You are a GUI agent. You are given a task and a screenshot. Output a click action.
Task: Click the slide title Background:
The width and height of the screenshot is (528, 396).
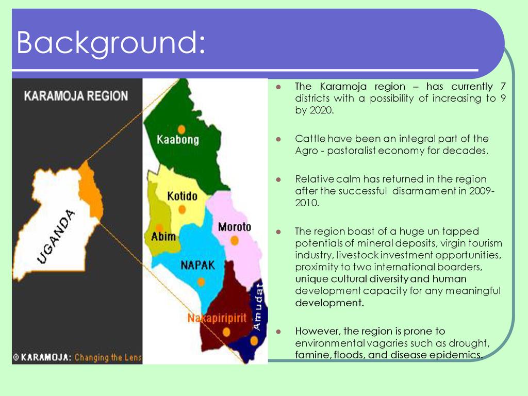[x=111, y=43]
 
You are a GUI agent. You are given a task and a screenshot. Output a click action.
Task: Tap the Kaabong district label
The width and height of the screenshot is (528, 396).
[x=178, y=139]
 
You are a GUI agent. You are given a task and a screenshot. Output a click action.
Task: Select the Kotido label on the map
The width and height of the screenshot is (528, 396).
[x=182, y=196]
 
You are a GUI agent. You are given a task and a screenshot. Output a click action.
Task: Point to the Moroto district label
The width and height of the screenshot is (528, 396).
[x=235, y=227]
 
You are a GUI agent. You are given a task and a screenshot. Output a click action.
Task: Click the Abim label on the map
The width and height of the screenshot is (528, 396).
[x=163, y=236]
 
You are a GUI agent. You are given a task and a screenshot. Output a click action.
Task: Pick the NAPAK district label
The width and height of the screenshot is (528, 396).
[x=197, y=266]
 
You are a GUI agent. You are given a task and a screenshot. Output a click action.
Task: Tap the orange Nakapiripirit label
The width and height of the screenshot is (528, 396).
[x=217, y=318]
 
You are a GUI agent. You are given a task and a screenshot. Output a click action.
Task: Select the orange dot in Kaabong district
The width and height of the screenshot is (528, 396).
[x=181, y=129]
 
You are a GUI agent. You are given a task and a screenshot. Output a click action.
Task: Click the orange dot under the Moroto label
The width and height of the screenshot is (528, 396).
[x=235, y=240]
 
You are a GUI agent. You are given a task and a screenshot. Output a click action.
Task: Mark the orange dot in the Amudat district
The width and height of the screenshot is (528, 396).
[x=254, y=341]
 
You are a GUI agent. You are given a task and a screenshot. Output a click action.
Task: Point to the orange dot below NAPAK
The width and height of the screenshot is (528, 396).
[x=201, y=282]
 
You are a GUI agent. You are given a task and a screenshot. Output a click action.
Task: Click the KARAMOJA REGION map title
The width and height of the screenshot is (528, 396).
[x=76, y=96]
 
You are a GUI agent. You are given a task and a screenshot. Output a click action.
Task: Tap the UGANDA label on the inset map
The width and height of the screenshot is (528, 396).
[x=56, y=236]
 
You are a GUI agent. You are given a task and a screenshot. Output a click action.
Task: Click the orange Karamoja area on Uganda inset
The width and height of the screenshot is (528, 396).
[x=91, y=190]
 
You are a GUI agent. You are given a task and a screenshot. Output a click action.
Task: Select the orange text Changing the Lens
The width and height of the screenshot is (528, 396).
[x=108, y=357]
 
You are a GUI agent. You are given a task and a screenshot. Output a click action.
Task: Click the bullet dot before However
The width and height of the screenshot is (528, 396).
[x=278, y=332]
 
